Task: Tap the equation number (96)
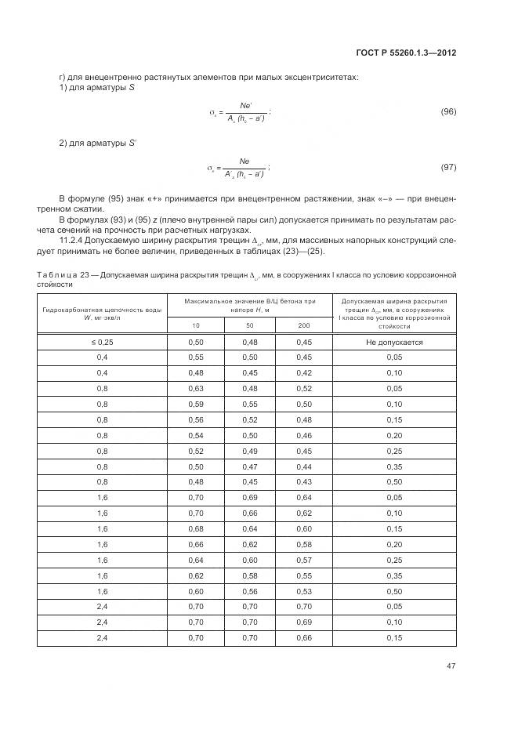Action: [x=448, y=112]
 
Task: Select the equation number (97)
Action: [x=448, y=168]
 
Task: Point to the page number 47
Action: [x=451, y=666]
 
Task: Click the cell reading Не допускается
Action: [x=394, y=343]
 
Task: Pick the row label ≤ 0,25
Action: [x=102, y=343]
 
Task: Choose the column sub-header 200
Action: [x=303, y=325]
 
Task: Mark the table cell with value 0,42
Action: [x=303, y=372]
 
